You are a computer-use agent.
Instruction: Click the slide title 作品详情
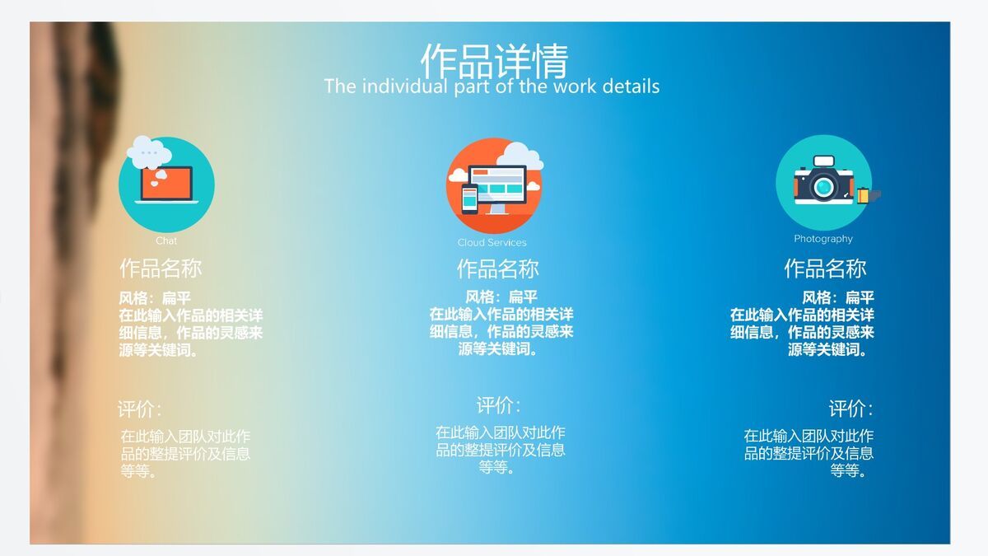pos(494,59)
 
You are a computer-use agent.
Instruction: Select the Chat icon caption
pos(166,241)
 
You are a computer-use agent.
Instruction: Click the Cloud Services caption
pos(492,242)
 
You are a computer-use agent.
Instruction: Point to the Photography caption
pos(823,239)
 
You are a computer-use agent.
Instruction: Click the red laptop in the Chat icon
pos(166,184)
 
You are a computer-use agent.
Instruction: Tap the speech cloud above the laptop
pos(149,152)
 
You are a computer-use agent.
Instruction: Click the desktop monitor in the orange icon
pos(497,183)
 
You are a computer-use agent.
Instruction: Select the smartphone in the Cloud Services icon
pos(468,199)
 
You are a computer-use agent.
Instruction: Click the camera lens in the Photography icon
pos(823,186)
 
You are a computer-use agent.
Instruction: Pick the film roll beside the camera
pos(864,195)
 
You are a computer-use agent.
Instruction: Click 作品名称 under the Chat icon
pos(161,269)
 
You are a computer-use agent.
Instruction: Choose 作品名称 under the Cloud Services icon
pos(498,269)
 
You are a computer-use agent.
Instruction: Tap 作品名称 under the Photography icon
pos(825,269)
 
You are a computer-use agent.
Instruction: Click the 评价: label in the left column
pos(139,409)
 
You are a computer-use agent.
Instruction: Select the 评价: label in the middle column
pos(498,405)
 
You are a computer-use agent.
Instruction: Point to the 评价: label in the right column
pos(851,409)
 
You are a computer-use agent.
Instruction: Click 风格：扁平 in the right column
pos(838,297)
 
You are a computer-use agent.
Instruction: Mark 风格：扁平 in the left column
pos(155,297)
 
